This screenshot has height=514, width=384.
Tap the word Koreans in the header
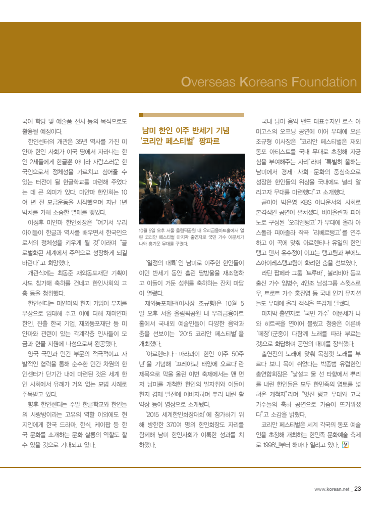(265, 82)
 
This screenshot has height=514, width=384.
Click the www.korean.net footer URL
(332, 489)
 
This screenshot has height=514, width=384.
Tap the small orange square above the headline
(141, 115)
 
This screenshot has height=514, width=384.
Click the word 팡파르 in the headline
(209, 141)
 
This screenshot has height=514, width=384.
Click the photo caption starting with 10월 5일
(191, 237)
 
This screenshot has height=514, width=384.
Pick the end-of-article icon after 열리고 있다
(345, 445)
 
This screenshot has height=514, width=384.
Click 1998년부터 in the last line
(278, 445)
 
